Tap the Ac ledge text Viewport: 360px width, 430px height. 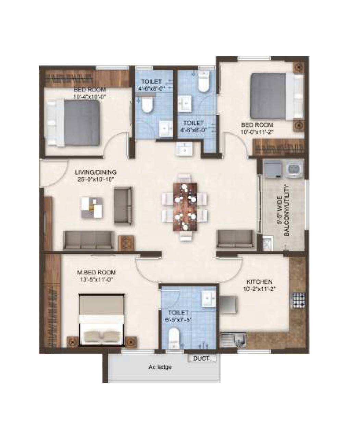[x=160, y=367]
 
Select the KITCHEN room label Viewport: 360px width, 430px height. [x=260, y=282]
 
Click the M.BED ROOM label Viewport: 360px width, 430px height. [x=96, y=272]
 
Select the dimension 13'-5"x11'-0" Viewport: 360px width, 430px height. [x=96, y=279]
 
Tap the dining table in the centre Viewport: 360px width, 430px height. [x=185, y=207]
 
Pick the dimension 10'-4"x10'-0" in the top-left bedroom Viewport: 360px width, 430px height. [x=88, y=97]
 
